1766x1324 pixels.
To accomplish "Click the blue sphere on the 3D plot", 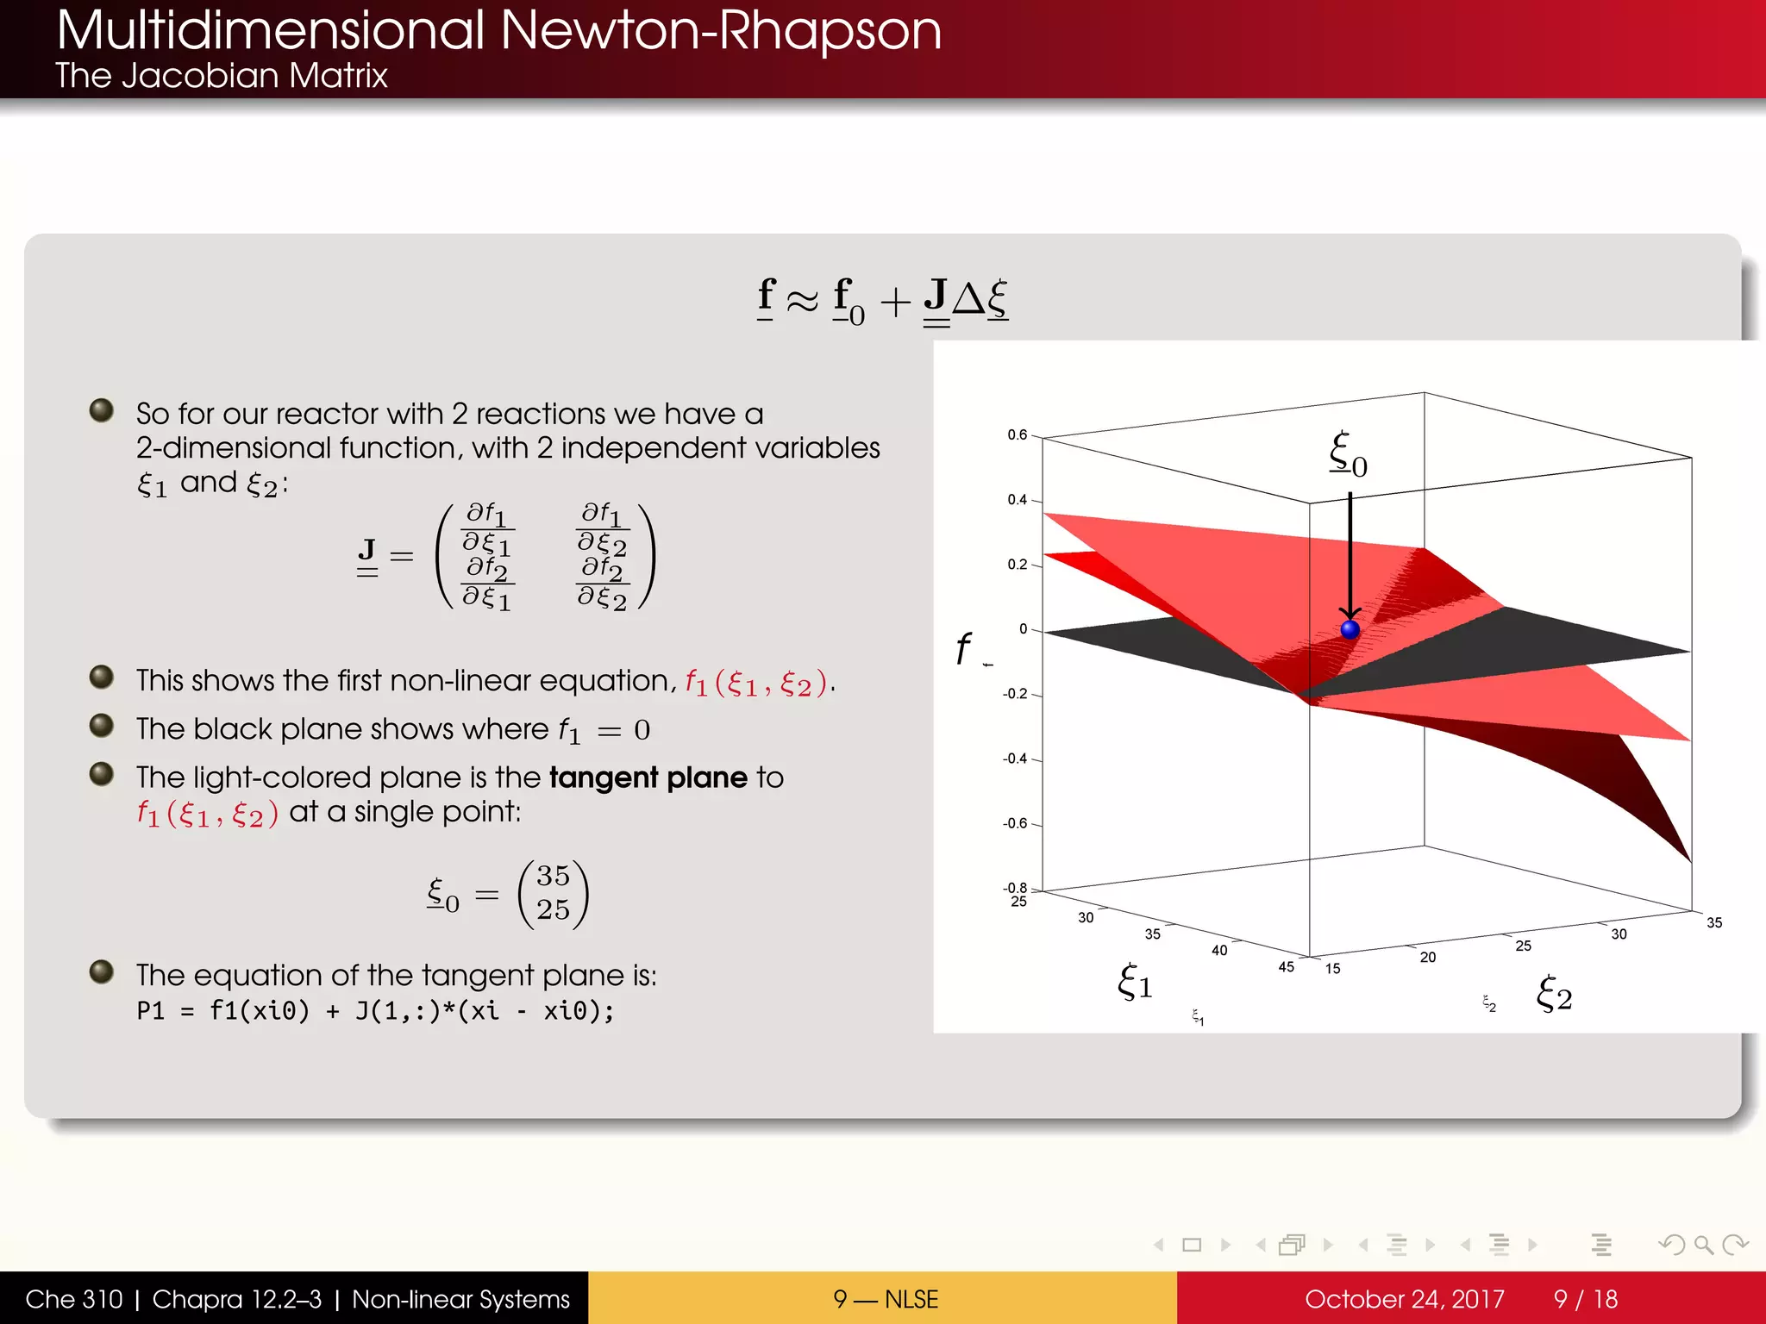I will tap(1350, 629).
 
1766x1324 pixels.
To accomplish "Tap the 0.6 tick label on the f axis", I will tap(1018, 435).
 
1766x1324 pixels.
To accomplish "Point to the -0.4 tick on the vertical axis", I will tap(1015, 759).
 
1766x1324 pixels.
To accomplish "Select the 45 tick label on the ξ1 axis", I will tap(1286, 967).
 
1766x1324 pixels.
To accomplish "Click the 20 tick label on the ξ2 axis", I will tap(1428, 958).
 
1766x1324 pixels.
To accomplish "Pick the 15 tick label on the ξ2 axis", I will tap(1332, 969).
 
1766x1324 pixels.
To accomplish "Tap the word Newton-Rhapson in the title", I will tap(720, 31).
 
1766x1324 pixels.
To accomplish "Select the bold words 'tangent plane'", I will tap(648, 778).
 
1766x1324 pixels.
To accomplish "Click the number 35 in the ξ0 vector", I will tap(553, 876).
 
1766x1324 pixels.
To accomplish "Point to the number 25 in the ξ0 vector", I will tap(553, 909).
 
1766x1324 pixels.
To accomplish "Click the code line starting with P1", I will tap(375, 1011).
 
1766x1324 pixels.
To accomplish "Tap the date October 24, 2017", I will tap(1404, 1299).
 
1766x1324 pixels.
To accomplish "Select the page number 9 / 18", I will tap(1585, 1299).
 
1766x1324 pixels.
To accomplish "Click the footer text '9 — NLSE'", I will tap(885, 1299).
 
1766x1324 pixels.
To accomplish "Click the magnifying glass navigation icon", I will tap(1703, 1245).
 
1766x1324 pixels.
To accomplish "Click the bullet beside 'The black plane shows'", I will tap(102, 726).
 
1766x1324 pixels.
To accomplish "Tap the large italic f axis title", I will tap(962, 648).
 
